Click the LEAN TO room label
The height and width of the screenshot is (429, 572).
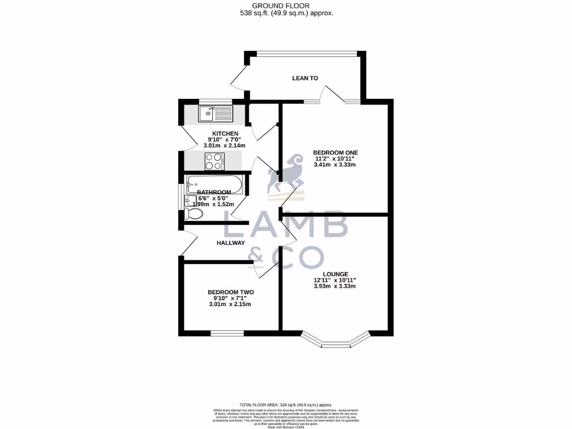point(305,78)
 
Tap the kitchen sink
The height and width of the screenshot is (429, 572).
point(216,115)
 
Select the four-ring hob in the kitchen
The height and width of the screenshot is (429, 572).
point(214,161)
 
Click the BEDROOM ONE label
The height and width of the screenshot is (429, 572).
point(335,152)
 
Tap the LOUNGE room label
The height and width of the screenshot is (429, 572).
point(335,274)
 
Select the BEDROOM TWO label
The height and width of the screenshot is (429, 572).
point(231,292)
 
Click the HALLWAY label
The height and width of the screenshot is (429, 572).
point(231,243)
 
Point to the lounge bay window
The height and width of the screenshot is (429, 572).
point(336,341)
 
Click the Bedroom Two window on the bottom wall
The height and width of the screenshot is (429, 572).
point(227,333)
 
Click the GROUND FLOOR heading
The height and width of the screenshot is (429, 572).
point(285,5)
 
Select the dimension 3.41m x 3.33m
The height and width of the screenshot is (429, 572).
point(335,165)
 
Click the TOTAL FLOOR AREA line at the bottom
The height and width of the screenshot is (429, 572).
point(285,404)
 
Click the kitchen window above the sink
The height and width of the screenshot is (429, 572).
point(216,101)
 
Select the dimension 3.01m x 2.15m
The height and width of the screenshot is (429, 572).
point(231,304)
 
